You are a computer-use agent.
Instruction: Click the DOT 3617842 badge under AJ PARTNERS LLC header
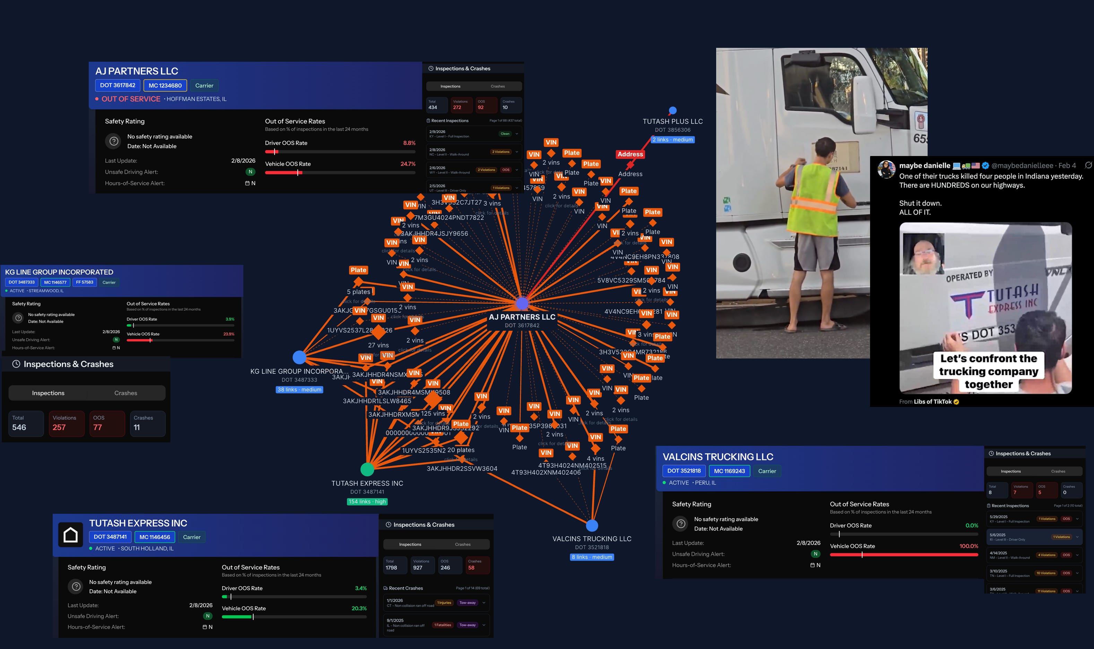pyautogui.click(x=118, y=85)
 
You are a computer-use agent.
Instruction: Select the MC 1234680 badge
pyautogui.click(x=165, y=86)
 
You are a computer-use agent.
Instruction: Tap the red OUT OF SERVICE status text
pyautogui.click(x=131, y=99)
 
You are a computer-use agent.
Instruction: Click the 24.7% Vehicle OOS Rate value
pyautogui.click(x=408, y=164)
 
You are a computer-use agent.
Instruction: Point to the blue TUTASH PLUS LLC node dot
pyautogui.click(x=672, y=110)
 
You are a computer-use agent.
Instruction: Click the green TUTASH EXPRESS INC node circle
pyautogui.click(x=367, y=469)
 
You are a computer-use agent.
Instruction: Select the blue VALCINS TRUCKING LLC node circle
pyautogui.click(x=592, y=525)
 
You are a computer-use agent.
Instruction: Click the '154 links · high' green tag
pyautogui.click(x=367, y=502)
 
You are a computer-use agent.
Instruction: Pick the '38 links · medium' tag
pyautogui.click(x=299, y=390)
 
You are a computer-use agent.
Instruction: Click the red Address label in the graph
pyautogui.click(x=630, y=154)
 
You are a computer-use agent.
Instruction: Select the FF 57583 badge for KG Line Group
pyautogui.click(x=84, y=283)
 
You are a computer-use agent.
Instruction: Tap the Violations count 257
pyautogui.click(x=59, y=427)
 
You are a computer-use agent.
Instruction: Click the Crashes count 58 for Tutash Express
pyautogui.click(x=471, y=568)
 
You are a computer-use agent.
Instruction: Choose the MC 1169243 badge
pyautogui.click(x=729, y=471)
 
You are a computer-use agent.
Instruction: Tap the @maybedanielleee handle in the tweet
pyautogui.click(x=1022, y=166)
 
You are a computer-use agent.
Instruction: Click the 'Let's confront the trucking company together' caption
pyautogui.click(x=988, y=371)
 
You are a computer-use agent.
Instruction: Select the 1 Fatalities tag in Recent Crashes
pyautogui.click(x=443, y=625)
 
